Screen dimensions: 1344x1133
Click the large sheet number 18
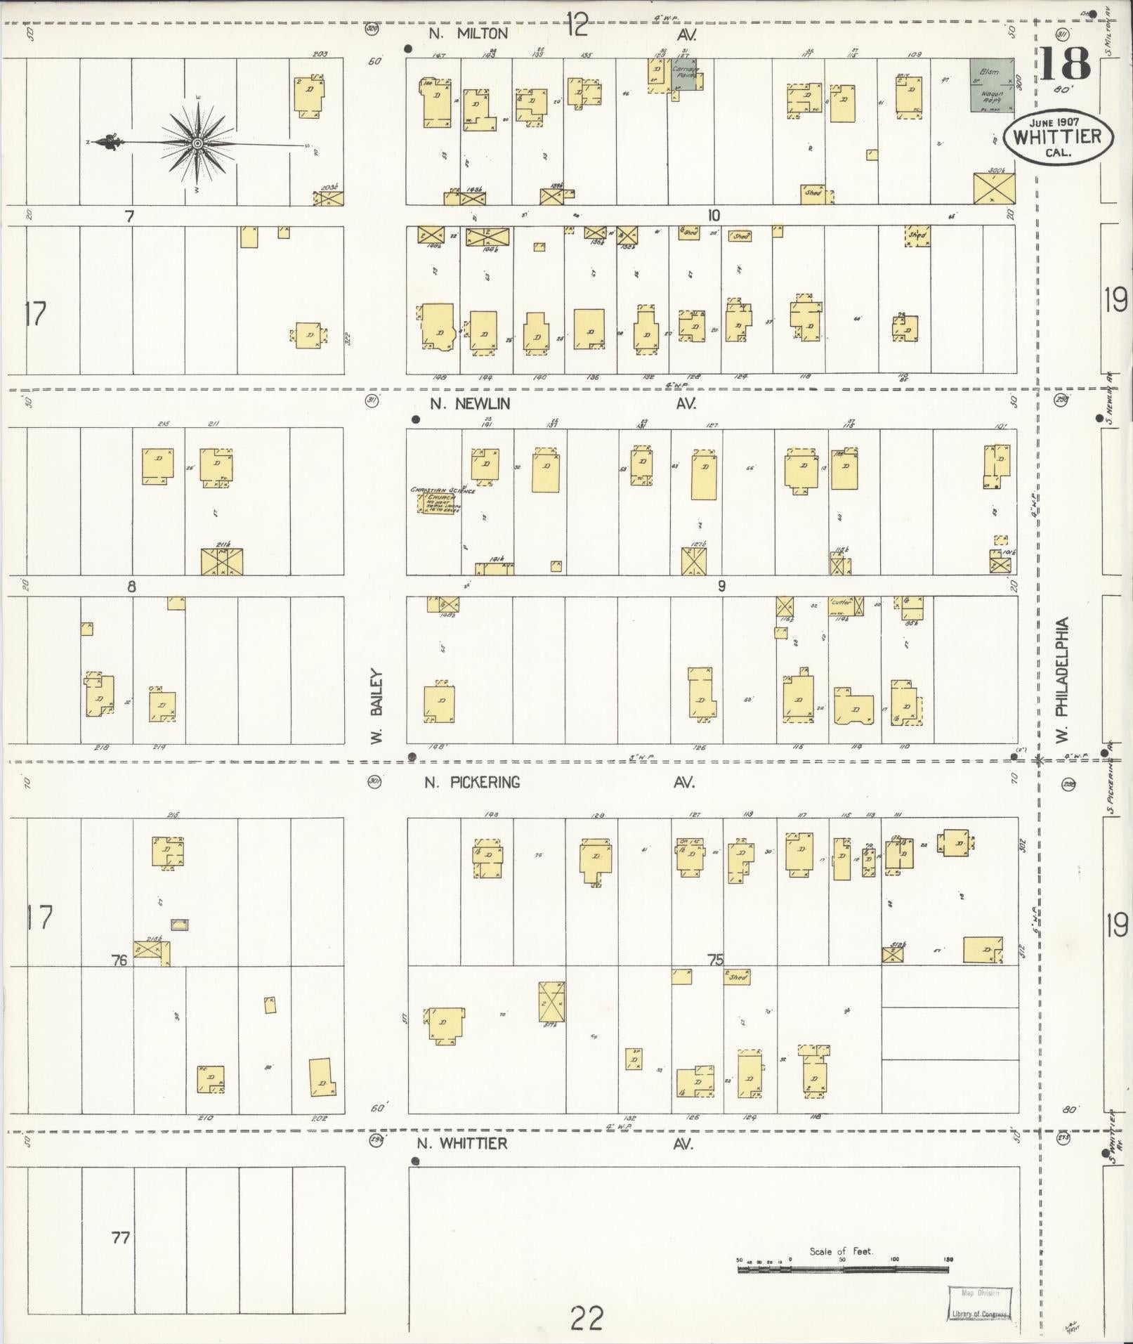[1064, 65]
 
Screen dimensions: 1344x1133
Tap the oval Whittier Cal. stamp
[1058, 138]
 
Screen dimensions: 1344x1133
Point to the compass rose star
[197, 144]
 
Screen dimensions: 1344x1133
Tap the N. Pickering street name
[472, 782]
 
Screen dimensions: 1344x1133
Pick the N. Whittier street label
[461, 1143]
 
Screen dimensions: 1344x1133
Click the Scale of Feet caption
[841, 1251]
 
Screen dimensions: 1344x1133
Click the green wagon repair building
[992, 85]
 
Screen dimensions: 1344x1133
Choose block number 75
[715, 960]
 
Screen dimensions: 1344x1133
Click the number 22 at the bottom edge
[587, 1319]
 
